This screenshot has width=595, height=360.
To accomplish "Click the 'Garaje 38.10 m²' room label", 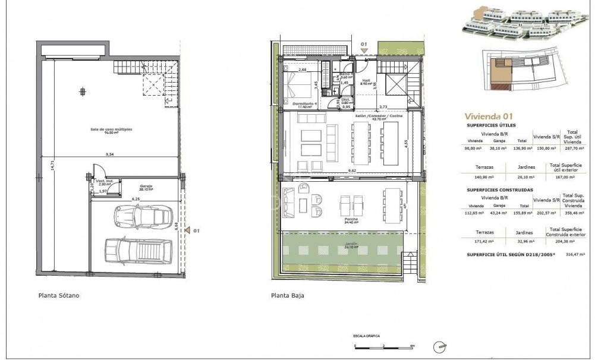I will click(146, 188).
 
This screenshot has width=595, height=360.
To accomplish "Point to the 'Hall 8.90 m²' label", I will click(366, 83).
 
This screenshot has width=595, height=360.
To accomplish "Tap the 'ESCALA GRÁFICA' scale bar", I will click(383, 345).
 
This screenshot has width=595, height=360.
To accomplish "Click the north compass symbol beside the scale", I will click(440, 346).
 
